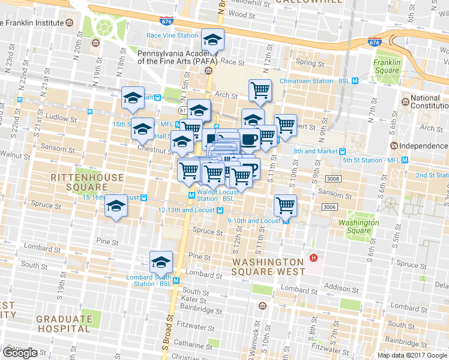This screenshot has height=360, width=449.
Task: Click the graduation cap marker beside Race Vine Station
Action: pos(212,40)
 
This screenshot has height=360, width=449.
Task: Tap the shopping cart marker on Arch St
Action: pos(260,91)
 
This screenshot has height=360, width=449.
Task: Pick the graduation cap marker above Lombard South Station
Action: pos(161,262)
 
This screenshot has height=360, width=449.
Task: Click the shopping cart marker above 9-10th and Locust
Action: pos(286,205)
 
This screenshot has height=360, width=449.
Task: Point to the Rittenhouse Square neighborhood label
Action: pos(88,182)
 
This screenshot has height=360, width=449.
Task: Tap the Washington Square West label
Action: pos(268,266)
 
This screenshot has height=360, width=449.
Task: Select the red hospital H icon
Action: pos(312,258)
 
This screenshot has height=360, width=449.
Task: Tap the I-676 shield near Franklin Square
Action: pos(375,43)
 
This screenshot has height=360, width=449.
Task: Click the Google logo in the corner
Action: pos(20,353)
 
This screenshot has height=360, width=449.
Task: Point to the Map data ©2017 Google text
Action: pos(412,355)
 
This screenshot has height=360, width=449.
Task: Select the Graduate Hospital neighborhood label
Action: pos(64,324)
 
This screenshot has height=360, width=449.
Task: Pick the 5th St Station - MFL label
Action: pos(371,160)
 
